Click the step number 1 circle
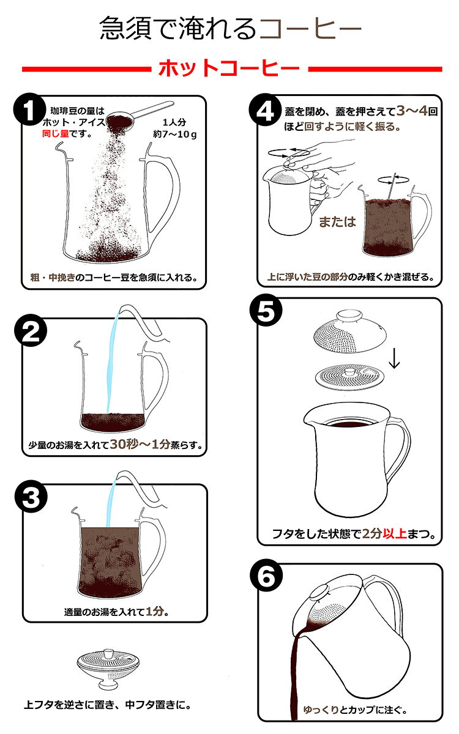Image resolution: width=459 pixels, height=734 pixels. pos(29,109)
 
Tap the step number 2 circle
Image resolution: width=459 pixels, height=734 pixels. pos(31,330)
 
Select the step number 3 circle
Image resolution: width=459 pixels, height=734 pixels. pos(31,497)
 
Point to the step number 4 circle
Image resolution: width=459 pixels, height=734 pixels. pos(265,111)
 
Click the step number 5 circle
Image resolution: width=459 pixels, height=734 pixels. pos(266,310)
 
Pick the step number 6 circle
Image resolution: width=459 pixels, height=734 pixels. pos(266,576)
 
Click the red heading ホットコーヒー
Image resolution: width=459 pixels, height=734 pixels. pos(229,68)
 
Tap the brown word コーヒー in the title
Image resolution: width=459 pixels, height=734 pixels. pos(310,29)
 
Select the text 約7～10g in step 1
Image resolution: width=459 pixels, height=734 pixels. pos(175,134)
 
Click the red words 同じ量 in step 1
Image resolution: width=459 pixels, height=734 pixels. pos(55,134)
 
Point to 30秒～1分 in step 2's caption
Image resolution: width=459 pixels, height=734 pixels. pos(140,444)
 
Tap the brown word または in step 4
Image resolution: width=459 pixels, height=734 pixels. pos(337,222)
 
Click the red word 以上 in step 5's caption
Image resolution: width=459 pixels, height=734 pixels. pos(395,534)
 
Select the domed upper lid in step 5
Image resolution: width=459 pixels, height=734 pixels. pos(350,332)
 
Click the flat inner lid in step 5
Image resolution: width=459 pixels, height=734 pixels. pos(350,377)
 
